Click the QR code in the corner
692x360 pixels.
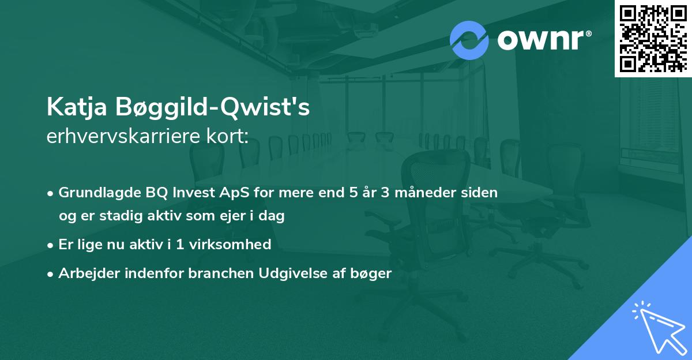tap(653, 39)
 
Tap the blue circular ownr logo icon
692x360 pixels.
tap(469, 40)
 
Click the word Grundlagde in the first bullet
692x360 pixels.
tap(92, 193)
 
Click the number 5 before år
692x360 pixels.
tap(353, 193)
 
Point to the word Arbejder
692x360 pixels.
tap(84, 273)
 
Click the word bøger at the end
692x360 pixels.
tap(374, 273)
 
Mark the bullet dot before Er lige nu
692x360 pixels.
tap(51, 245)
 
